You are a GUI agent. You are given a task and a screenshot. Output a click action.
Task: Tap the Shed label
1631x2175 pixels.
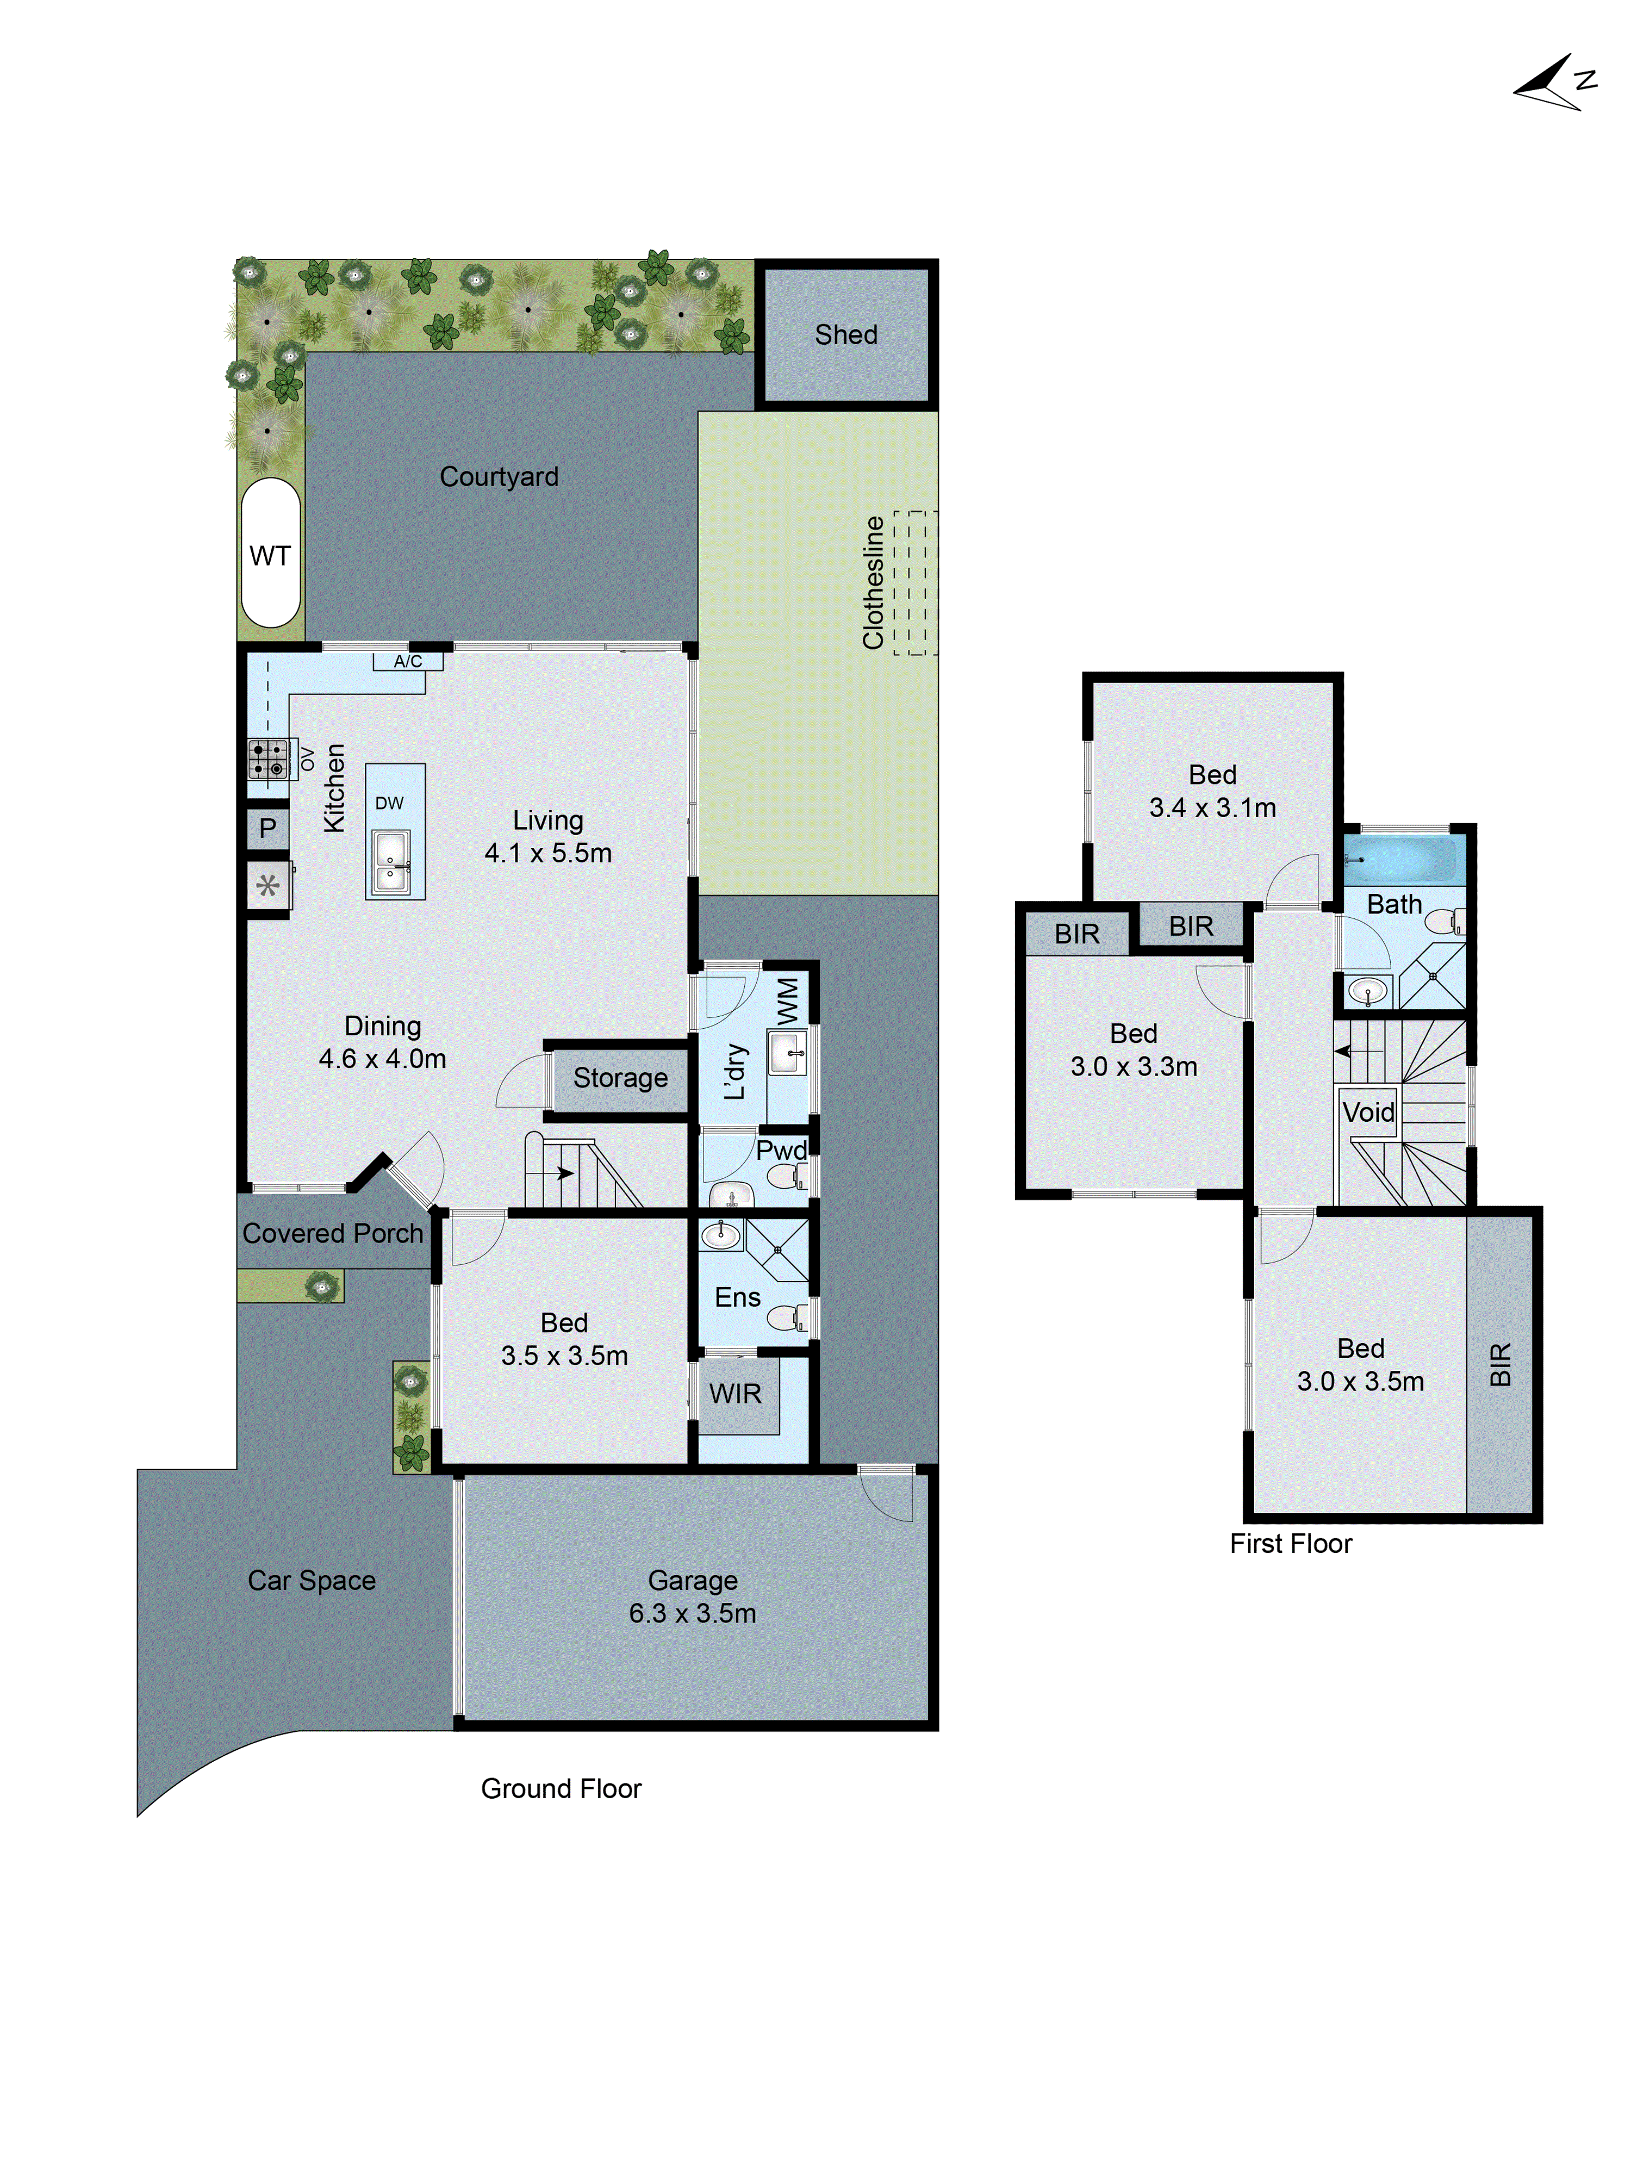[x=845, y=334]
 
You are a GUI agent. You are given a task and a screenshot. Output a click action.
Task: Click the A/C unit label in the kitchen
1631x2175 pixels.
[x=407, y=661]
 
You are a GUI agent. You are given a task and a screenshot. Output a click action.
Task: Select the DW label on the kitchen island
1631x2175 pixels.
[x=389, y=803]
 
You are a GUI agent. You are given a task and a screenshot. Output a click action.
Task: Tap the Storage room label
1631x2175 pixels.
[x=620, y=1078]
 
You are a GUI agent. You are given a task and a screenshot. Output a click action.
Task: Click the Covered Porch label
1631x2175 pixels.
[x=332, y=1233]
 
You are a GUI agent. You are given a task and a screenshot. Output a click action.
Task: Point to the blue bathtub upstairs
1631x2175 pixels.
[x=1400, y=859]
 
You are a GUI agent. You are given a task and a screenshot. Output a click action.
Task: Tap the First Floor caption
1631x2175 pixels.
[x=1290, y=1543]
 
